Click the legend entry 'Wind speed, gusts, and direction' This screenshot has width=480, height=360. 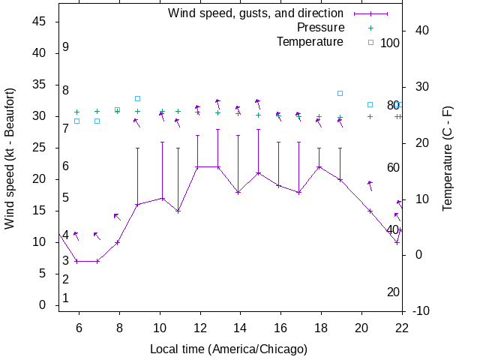point(255,13)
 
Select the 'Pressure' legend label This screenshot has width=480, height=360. point(320,28)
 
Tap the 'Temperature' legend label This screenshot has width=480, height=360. point(310,41)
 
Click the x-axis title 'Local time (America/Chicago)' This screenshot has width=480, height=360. point(229,349)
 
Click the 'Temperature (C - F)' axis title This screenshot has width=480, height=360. point(448,157)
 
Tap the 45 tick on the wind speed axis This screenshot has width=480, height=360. point(42,22)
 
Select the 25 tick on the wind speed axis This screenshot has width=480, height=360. point(42,148)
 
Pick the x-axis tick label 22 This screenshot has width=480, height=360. point(402,327)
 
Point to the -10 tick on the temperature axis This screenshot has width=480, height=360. point(421,310)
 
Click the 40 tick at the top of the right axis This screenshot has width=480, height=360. point(421,31)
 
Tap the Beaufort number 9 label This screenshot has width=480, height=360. point(66,46)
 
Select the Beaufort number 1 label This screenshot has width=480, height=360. point(66,298)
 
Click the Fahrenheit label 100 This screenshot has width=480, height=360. point(390,43)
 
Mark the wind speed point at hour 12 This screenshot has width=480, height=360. point(198,167)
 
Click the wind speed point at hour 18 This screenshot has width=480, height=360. point(319,167)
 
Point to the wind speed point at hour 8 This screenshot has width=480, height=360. point(117,242)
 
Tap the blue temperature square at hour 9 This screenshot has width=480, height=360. point(137,98)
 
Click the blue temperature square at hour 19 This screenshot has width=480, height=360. point(340,93)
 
